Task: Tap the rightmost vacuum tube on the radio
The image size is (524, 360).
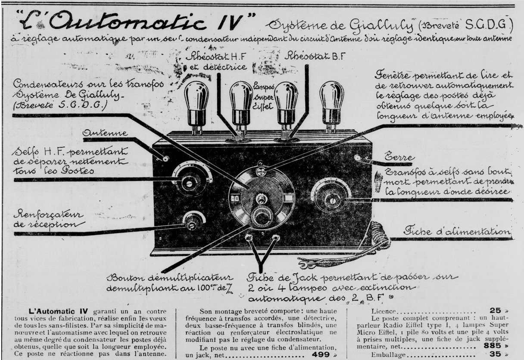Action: pyautogui.click(x=331, y=103)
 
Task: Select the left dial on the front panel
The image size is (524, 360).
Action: pyautogui.click(x=191, y=180)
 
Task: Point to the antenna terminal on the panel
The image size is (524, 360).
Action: pyautogui.click(x=165, y=159)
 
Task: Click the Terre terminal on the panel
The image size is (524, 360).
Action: pyautogui.click(x=357, y=158)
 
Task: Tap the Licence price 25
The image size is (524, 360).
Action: pyautogui.click(x=495, y=310)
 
